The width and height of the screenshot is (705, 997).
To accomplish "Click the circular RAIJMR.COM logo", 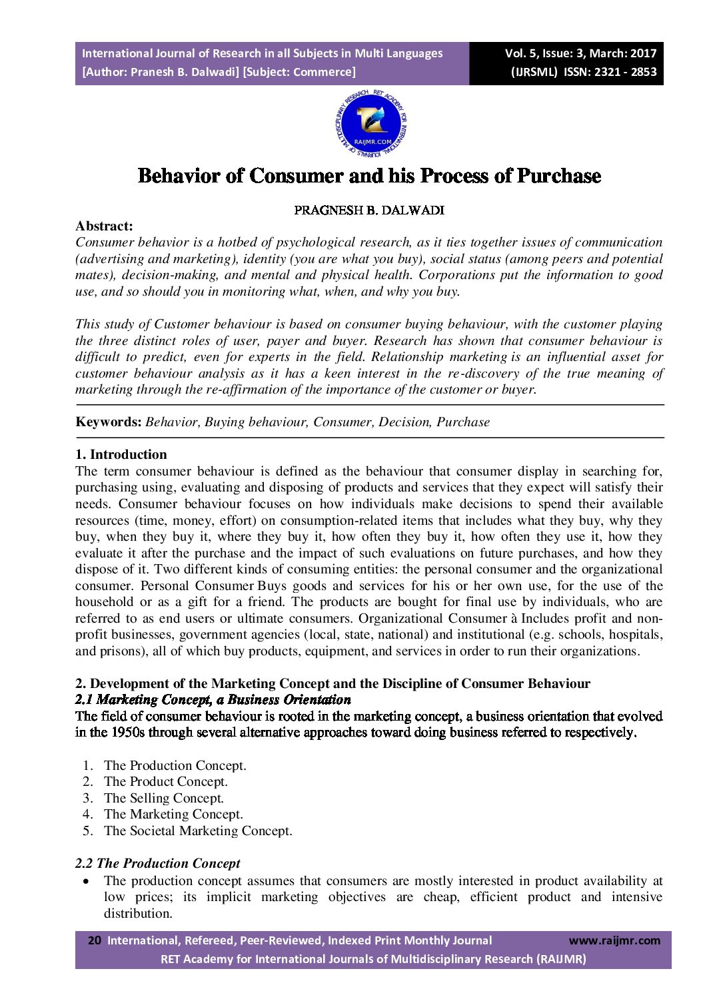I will (x=372, y=125).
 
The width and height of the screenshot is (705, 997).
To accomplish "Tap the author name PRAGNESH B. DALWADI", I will (x=369, y=210).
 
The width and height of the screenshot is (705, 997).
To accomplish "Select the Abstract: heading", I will (x=104, y=226).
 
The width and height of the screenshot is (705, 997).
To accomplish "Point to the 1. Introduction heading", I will (x=121, y=455).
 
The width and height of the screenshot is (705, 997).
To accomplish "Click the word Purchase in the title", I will (x=559, y=176).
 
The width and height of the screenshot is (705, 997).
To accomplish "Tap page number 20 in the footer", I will (x=95, y=940).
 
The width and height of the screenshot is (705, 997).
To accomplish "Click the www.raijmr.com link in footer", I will (x=614, y=940).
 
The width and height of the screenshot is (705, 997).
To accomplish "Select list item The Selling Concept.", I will (x=164, y=798).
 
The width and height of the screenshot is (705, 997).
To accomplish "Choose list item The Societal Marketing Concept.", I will (x=198, y=831).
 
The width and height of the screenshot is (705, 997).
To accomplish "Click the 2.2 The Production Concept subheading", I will (x=158, y=863).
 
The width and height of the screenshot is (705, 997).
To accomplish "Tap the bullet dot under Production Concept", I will (x=87, y=881).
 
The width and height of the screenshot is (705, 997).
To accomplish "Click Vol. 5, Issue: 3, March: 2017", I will (x=580, y=53).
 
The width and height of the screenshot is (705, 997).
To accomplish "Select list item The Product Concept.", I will (x=166, y=782).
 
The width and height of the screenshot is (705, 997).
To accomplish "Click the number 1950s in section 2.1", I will (x=109, y=733).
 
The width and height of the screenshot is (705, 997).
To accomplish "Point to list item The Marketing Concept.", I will (x=173, y=815).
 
